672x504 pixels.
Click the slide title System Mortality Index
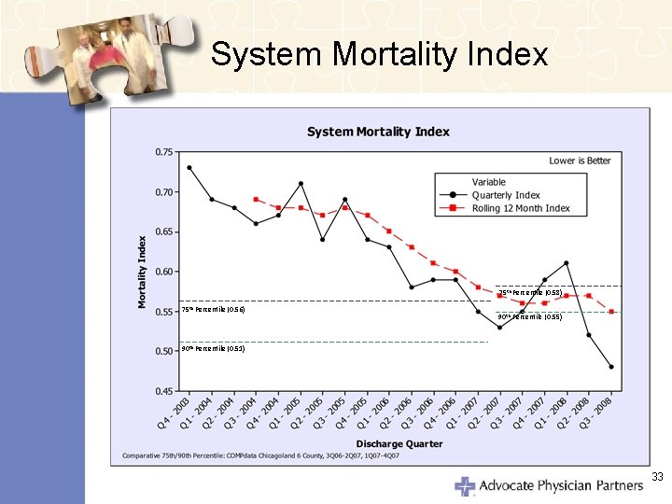click(x=379, y=54)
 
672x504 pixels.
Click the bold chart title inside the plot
click(x=378, y=132)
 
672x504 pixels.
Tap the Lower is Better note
click(x=580, y=161)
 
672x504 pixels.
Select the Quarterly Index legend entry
click(x=505, y=195)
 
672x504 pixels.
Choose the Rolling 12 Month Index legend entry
click(x=520, y=208)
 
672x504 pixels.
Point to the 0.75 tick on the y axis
click(x=163, y=152)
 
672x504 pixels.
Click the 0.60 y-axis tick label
click(x=163, y=272)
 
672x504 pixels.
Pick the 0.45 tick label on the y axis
click(x=163, y=391)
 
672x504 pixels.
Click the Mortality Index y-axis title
click(x=143, y=272)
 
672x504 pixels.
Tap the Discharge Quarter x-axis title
click(x=399, y=443)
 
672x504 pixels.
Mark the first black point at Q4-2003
click(x=189, y=168)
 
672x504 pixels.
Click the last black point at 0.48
click(x=611, y=367)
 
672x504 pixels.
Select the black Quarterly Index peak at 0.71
click(x=301, y=184)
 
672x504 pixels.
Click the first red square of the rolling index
click(x=256, y=200)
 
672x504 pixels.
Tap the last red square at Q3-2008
click(x=611, y=312)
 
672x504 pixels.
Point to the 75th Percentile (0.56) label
click(x=213, y=309)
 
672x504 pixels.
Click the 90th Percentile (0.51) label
click(x=213, y=348)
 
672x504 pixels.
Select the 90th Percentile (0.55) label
click(x=529, y=316)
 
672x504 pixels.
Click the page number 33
click(x=657, y=477)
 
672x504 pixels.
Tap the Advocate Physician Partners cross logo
click(x=465, y=485)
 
